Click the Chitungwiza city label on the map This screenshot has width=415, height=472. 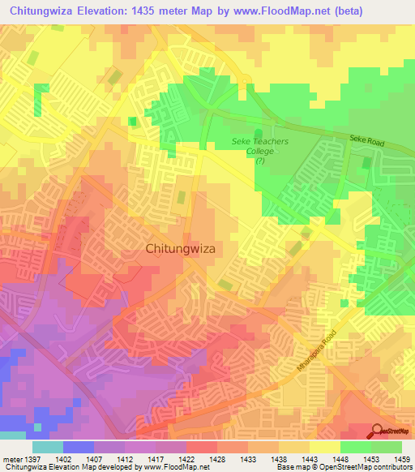180,249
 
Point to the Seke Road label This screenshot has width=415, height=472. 367,139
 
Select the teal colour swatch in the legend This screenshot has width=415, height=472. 48,447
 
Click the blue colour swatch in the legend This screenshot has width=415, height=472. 79,447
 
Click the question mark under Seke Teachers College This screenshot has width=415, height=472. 259,161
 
